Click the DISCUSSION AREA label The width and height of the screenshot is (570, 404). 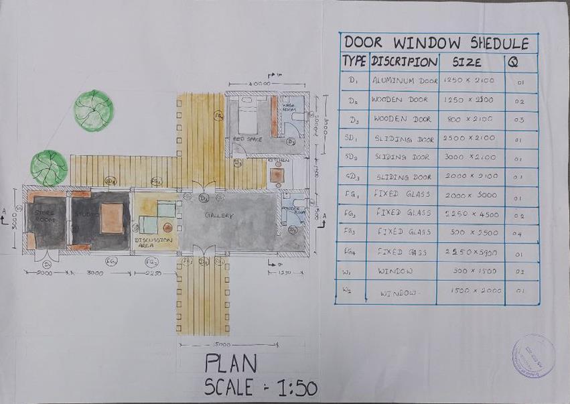[x=153, y=241]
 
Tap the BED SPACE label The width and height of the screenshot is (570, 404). [x=246, y=139]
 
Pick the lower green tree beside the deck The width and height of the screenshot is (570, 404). [x=49, y=167]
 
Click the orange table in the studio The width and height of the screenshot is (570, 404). [x=112, y=218]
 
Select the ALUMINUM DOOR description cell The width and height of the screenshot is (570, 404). [x=405, y=81]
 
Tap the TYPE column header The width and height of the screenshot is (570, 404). [x=354, y=62]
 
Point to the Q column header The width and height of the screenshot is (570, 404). [x=513, y=62]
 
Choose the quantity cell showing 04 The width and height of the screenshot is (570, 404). [x=520, y=234]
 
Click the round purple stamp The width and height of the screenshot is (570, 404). [x=533, y=355]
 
